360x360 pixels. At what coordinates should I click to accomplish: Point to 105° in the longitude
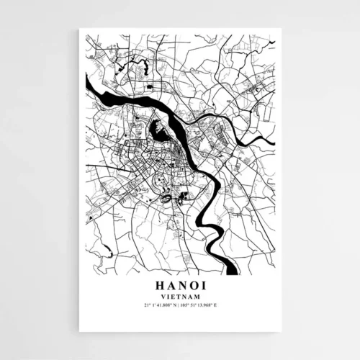coord(187,305)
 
